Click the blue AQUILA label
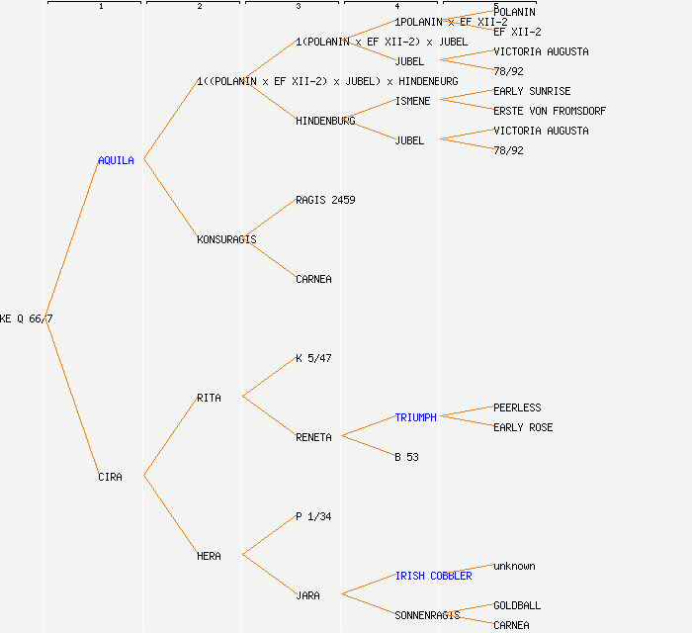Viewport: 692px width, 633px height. (116, 160)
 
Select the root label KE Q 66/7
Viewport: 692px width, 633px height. (27, 318)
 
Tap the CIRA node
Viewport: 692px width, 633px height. (110, 477)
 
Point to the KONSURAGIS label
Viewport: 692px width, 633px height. (226, 239)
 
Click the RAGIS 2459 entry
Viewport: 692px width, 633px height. (325, 200)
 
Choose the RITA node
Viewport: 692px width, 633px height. (209, 398)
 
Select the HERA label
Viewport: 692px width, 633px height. (209, 556)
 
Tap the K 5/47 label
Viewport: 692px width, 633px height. (313, 358)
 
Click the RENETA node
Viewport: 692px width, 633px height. (313, 437)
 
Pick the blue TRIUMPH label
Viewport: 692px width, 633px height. (415, 417)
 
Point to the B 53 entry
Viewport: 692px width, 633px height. (406, 457)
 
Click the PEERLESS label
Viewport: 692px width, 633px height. (517, 407)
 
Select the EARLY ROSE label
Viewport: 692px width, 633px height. (523, 427)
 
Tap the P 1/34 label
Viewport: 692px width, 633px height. (313, 516)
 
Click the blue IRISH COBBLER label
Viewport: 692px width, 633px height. (433, 576)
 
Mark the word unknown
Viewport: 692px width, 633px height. (514, 566)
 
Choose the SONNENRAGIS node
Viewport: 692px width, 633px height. (427, 615)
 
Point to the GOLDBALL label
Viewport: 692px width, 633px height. (517, 605)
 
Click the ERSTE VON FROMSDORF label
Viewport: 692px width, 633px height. (550, 111)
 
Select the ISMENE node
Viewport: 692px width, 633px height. (412, 101)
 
